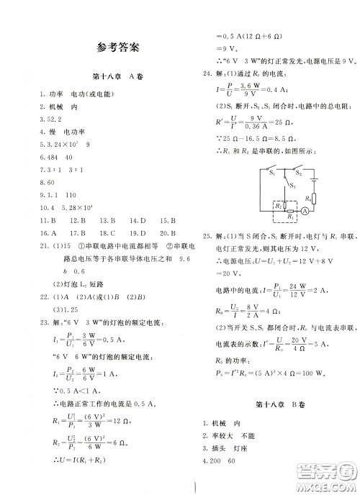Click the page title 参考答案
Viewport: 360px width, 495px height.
[x=117, y=50]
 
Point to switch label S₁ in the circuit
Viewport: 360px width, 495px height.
[x=271, y=174]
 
